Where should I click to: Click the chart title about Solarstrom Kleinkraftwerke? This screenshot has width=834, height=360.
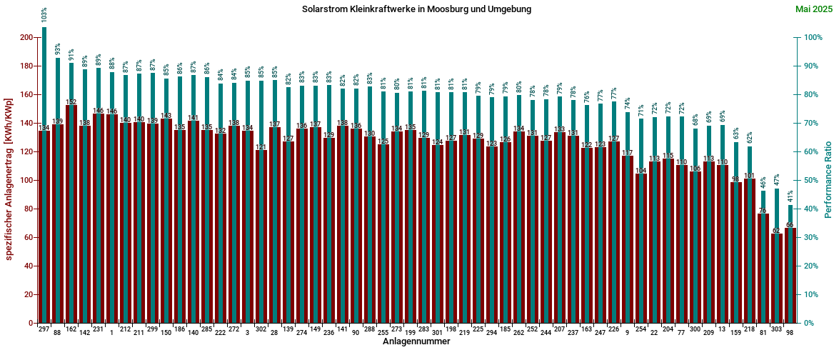(417, 9)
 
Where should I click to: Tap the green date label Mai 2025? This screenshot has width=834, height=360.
(810, 9)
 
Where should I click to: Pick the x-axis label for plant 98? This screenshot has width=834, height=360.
(790, 333)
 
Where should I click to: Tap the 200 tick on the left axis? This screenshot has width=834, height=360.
(26, 38)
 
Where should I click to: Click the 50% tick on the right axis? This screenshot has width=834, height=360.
(809, 181)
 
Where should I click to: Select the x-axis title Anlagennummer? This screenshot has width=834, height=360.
(416, 342)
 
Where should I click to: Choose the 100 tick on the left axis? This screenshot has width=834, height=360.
(26, 181)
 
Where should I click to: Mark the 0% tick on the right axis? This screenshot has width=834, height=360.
(807, 324)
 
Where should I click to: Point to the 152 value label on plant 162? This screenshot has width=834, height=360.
(71, 102)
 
